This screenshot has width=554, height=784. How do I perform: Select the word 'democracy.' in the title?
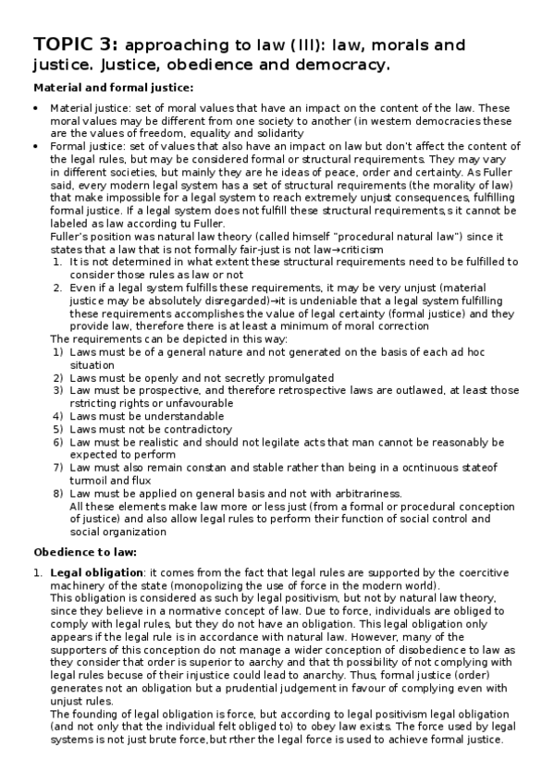[x=339, y=65]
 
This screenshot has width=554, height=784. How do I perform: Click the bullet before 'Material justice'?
[x=36, y=109]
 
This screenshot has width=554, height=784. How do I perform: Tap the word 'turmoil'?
[x=89, y=481]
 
